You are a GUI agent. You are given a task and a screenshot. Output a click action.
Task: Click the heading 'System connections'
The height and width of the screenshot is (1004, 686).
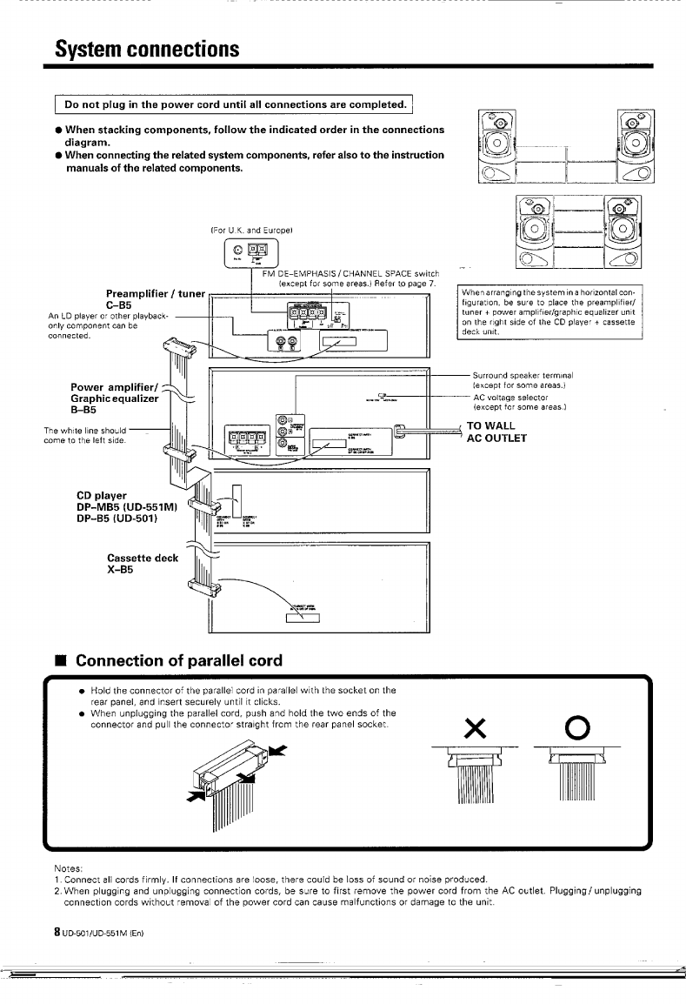[143, 48]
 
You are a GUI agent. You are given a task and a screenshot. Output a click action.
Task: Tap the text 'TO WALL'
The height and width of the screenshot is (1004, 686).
[492, 426]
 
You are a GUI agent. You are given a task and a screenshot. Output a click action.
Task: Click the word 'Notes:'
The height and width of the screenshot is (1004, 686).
[69, 867]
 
